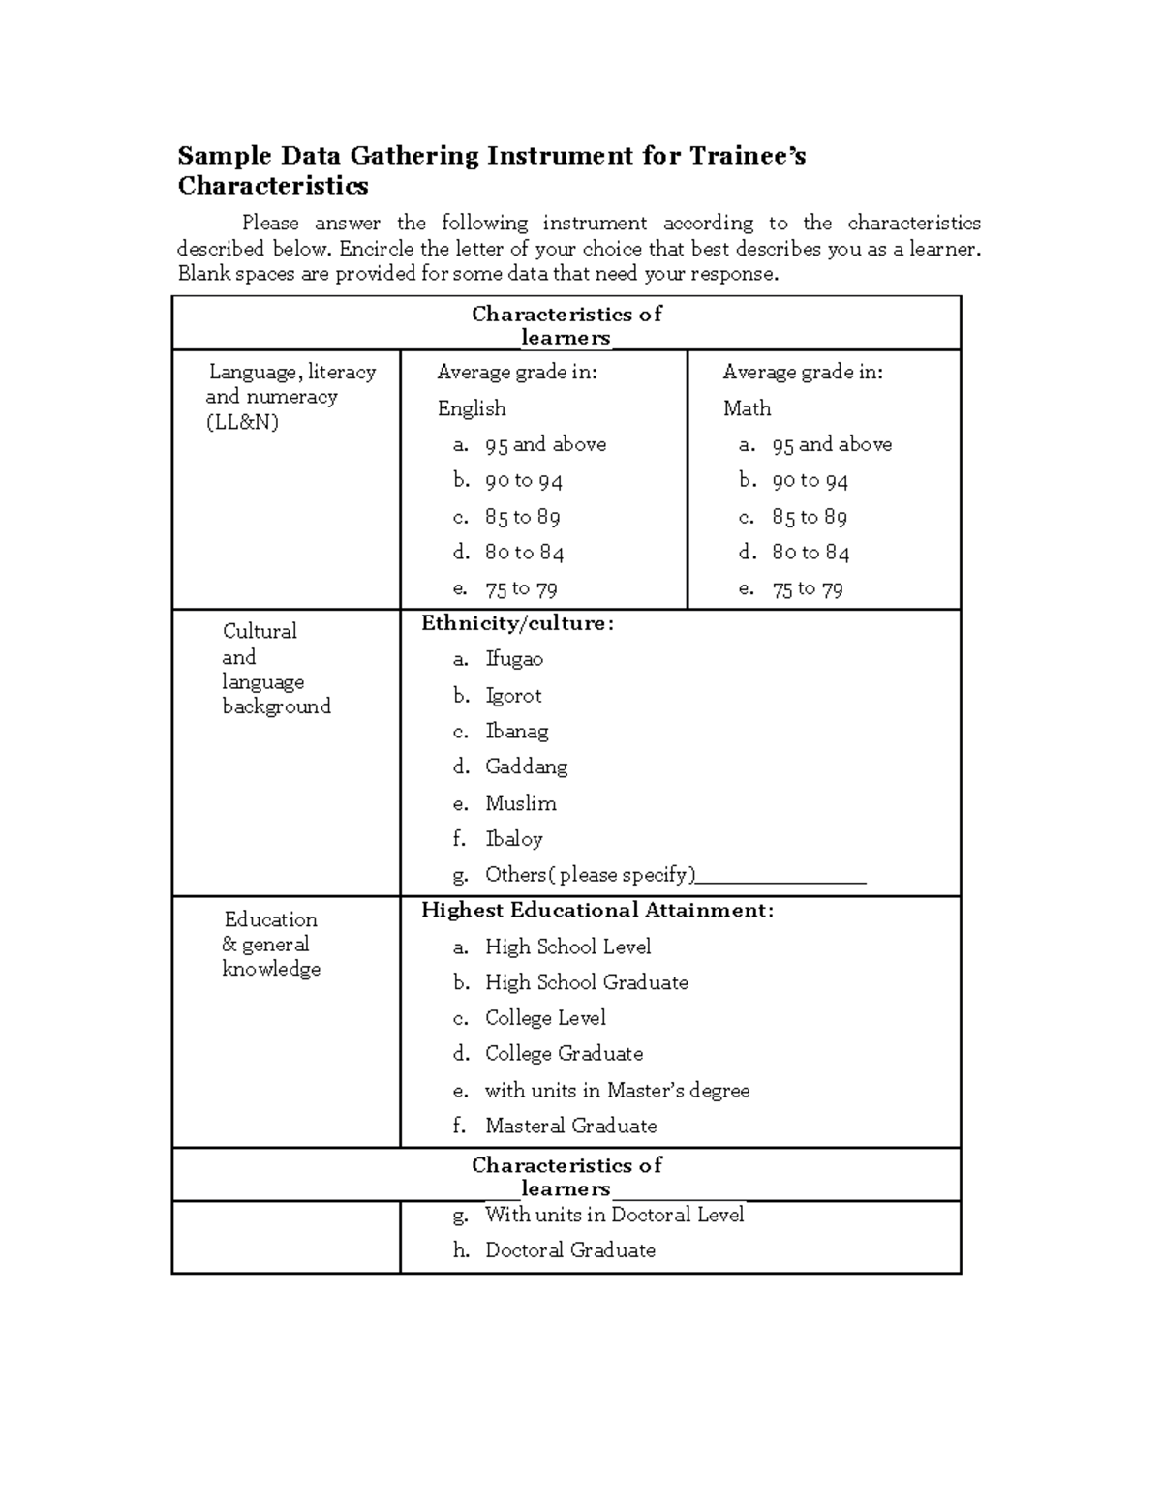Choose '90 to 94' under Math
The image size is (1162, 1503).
[x=810, y=481]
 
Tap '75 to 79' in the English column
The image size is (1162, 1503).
[x=521, y=588]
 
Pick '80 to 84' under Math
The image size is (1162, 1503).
[x=810, y=553]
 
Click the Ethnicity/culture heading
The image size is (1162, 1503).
[x=517, y=623]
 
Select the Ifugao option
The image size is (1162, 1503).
[x=514, y=659]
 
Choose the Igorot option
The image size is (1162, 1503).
[x=513, y=696]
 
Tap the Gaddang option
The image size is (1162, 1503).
[x=526, y=767]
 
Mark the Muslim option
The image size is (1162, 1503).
[x=521, y=803]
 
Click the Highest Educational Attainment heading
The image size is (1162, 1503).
[x=597, y=910]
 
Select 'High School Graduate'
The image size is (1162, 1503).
[x=586, y=982]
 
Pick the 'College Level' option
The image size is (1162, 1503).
[x=545, y=1018]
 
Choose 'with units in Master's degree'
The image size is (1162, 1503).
[x=617, y=1090]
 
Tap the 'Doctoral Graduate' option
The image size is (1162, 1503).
[x=569, y=1250]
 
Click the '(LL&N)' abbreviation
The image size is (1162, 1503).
[x=242, y=422]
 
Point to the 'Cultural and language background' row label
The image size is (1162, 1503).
[x=276, y=669]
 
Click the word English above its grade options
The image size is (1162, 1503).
[x=472, y=408]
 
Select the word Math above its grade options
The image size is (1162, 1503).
[x=747, y=408]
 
